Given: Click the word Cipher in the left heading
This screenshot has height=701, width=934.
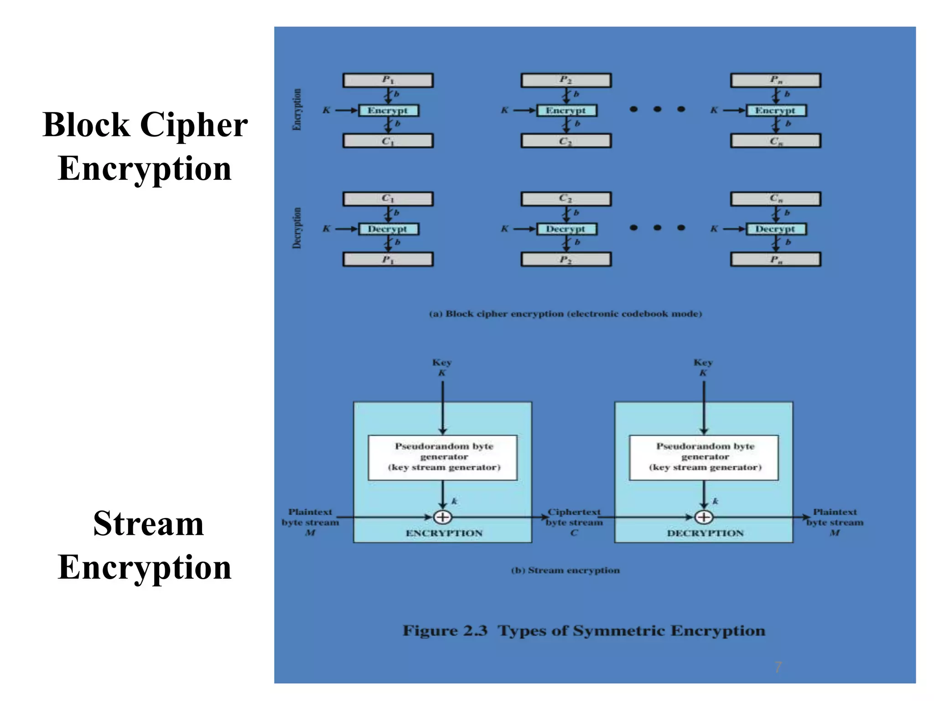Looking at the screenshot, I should [x=194, y=125].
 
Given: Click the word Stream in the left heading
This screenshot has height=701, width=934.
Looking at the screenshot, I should [x=148, y=523].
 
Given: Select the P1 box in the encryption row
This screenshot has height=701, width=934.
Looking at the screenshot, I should [x=388, y=80].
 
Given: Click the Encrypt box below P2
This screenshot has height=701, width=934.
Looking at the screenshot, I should [x=566, y=110].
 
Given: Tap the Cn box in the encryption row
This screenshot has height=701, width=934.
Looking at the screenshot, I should [x=775, y=141].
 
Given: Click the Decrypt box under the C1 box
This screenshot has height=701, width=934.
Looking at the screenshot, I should [x=388, y=229].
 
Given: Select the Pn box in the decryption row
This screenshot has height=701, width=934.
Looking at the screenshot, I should [x=775, y=260].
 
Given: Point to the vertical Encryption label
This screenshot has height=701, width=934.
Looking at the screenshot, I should [x=297, y=110].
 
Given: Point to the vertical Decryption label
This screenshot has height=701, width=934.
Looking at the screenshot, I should [x=297, y=228].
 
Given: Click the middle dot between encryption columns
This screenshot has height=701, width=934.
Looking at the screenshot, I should [x=657, y=109].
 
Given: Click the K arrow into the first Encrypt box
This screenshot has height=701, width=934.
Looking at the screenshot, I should [x=346, y=110].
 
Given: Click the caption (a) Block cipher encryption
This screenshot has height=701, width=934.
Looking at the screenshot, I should [x=566, y=314].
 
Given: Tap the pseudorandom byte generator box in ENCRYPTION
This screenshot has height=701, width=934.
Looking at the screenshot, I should [x=442, y=457].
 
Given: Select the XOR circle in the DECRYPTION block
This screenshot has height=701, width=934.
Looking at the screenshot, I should [x=704, y=517].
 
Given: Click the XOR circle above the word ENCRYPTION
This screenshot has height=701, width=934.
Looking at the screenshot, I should [x=442, y=517].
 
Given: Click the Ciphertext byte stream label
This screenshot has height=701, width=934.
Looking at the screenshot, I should [x=574, y=522].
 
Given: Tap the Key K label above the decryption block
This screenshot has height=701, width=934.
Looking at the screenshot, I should [x=703, y=367].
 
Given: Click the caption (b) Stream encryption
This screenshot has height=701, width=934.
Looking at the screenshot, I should [x=566, y=570].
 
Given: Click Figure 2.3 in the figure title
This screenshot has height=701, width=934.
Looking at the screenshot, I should [x=445, y=631].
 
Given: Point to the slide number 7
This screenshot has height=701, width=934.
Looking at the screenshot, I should [x=778, y=667].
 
